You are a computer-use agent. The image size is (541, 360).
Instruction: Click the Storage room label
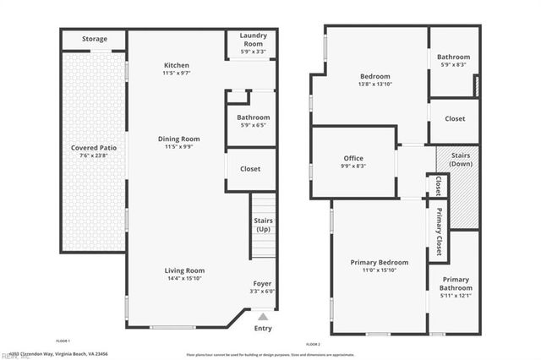(x=95, y=39)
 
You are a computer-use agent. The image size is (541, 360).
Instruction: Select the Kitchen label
(x=177, y=65)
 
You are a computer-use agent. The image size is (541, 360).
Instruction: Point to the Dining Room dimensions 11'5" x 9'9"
(x=178, y=146)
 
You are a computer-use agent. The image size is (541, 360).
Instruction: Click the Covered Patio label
(x=94, y=148)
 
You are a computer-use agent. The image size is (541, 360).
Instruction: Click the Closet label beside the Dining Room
(x=250, y=169)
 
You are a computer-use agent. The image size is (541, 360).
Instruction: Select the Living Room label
(x=184, y=270)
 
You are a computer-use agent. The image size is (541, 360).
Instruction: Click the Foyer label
(x=263, y=283)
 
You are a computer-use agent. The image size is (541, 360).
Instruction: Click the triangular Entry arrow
(x=263, y=316)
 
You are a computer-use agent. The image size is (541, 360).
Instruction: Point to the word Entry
(x=263, y=329)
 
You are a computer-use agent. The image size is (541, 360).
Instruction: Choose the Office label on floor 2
(x=353, y=158)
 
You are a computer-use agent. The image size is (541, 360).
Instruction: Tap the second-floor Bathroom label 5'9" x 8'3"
(x=453, y=57)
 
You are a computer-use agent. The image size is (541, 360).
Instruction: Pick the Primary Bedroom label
(x=380, y=262)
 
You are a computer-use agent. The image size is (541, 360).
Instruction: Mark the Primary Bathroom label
(x=455, y=283)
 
